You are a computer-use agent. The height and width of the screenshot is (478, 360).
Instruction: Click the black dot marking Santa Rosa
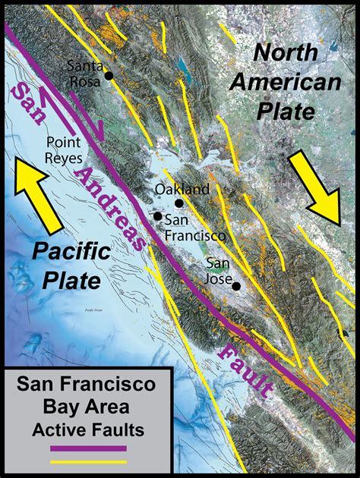click(109, 76)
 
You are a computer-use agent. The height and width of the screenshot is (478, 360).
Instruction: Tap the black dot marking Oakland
click(179, 203)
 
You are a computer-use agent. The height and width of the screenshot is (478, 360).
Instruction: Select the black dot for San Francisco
click(157, 216)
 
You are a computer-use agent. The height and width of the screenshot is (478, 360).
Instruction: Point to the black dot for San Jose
click(236, 286)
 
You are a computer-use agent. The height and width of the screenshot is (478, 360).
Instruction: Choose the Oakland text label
click(182, 189)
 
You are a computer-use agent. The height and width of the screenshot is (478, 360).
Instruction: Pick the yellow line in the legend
click(87, 461)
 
